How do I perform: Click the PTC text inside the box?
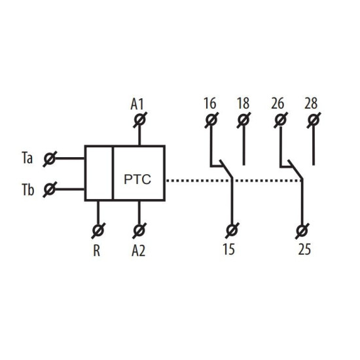click(x=137, y=179)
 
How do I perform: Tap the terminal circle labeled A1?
click(x=140, y=120)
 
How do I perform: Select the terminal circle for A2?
click(x=139, y=230)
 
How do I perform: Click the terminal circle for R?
click(x=98, y=230)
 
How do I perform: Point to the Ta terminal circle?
click(x=50, y=158)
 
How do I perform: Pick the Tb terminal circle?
click(x=50, y=189)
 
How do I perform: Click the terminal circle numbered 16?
click(x=211, y=120)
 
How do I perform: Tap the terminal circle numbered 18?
click(x=243, y=120)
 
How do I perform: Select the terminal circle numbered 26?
click(x=281, y=120)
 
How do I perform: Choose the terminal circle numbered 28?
click(x=314, y=120)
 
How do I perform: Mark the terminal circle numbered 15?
click(x=232, y=230)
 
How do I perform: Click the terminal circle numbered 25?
click(x=302, y=230)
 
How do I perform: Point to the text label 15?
click(x=229, y=249)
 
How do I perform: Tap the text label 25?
click(x=304, y=249)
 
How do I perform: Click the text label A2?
click(x=139, y=250)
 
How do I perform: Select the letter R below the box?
click(x=97, y=250)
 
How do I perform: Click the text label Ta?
click(x=27, y=158)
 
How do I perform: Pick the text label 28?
click(x=311, y=103)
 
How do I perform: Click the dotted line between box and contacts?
click(x=234, y=181)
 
